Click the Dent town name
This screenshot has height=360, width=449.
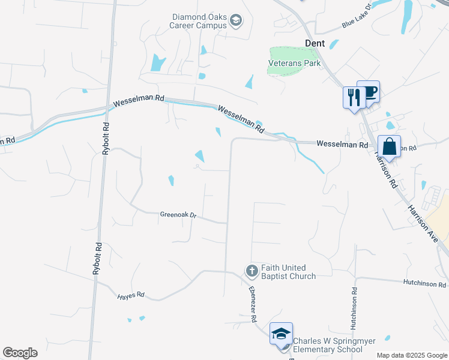(x=315, y=43)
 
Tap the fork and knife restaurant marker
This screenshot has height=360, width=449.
(x=354, y=97)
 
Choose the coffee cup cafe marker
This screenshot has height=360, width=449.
(x=369, y=92)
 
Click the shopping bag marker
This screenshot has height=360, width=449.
(x=389, y=147)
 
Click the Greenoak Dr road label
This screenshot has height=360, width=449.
(x=178, y=214)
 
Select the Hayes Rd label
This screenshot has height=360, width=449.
(x=131, y=295)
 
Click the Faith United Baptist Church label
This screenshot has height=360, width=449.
(x=289, y=272)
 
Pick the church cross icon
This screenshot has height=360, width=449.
(x=252, y=272)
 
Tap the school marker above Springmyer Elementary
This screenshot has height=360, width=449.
(x=281, y=334)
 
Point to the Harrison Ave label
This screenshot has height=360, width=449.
(x=428, y=223)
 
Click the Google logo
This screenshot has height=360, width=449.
(x=20, y=353)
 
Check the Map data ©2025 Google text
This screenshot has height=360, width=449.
(x=411, y=355)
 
